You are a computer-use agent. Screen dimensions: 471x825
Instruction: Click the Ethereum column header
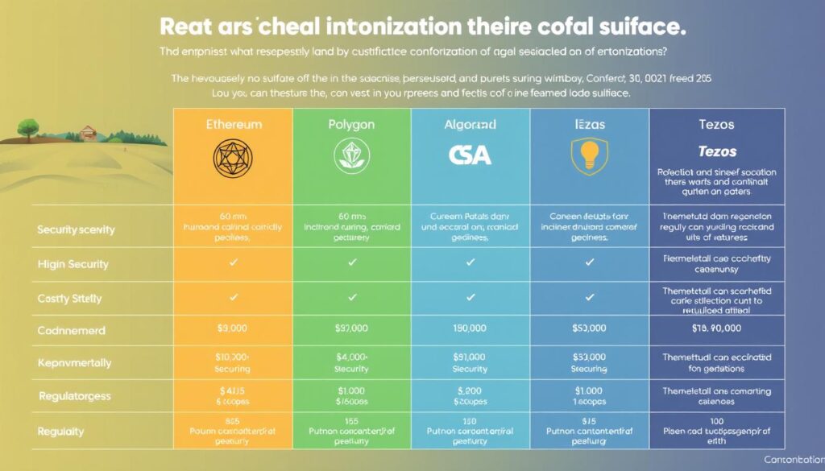coord(233,126)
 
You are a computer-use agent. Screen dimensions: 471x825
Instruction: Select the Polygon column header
coord(351,126)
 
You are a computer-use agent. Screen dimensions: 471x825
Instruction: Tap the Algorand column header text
coord(470,126)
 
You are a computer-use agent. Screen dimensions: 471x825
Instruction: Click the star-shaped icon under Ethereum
coord(233,155)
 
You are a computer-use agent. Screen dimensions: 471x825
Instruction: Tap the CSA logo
coord(470,155)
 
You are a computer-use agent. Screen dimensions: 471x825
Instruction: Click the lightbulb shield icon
coord(589,155)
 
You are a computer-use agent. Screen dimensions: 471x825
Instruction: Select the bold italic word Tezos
coord(716,151)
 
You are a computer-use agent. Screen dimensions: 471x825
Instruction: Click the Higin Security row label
coord(73,264)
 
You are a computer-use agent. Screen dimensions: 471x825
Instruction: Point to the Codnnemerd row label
coord(73,330)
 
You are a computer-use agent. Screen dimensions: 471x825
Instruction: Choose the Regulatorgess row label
coord(74,396)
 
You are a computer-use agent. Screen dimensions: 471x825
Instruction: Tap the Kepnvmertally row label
coord(74,363)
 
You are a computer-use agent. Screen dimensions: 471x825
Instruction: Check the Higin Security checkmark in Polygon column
coord(351,263)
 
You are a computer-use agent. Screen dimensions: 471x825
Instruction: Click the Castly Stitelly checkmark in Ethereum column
coord(233,297)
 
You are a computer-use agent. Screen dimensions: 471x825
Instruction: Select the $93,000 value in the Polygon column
coord(351,328)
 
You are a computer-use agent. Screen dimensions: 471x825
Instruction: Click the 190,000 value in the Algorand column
coord(470,328)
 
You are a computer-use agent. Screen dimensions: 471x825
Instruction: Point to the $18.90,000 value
coord(716,328)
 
